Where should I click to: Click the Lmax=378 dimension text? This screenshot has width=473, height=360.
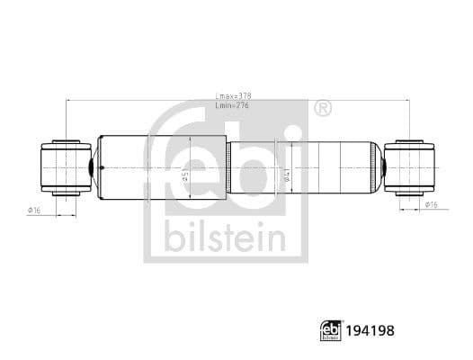coord(235,96)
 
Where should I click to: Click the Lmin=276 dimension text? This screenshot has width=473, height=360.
coord(234,106)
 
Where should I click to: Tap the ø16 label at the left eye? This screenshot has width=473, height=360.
coord(34,210)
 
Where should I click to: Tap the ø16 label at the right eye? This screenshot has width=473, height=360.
coord(432,206)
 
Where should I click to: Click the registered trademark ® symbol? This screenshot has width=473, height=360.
coord(321,109)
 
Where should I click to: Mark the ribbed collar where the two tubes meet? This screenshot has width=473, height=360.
coord(228,167)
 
